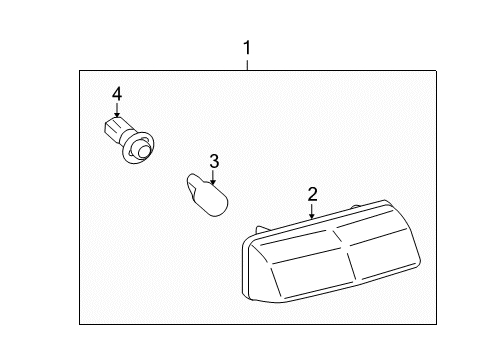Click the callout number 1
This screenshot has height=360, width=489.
pos(247,48)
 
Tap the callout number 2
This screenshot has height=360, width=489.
pos(312,194)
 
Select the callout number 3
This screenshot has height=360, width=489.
pos(214,161)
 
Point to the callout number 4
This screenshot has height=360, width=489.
pos(117,94)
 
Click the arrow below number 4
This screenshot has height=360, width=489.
pos(117,110)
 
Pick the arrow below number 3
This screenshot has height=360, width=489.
pos(213,177)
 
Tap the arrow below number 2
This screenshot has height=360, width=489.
pos(312,211)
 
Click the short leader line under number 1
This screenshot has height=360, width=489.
pos(247,65)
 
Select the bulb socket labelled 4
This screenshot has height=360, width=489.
pos(128,140)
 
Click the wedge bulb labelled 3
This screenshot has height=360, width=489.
pos(207,195)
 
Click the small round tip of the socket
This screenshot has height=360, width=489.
pos(144,151)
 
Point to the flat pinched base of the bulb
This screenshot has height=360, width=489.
pos(193,186)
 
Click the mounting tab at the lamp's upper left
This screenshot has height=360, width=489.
pos(262,230)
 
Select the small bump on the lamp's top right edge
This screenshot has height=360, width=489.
pos(356,207)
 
